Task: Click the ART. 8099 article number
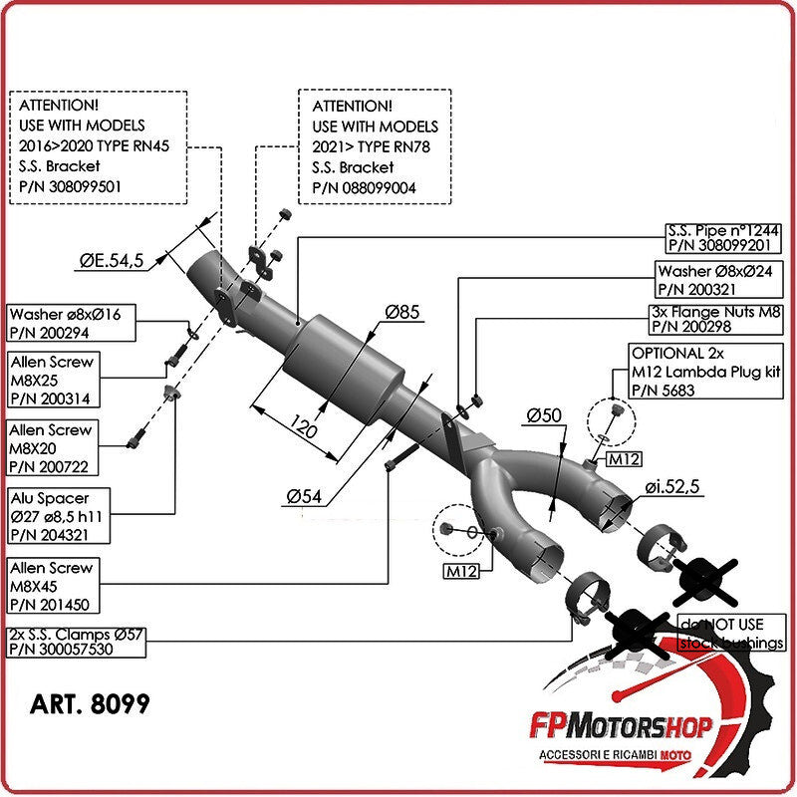pos(91,704)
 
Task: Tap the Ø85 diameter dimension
pos(402,313)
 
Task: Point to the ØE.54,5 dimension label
pos(112,261)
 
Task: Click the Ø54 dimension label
pos(306,495)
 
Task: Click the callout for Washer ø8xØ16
pos(71,323)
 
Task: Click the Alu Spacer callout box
pos(58,514)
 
